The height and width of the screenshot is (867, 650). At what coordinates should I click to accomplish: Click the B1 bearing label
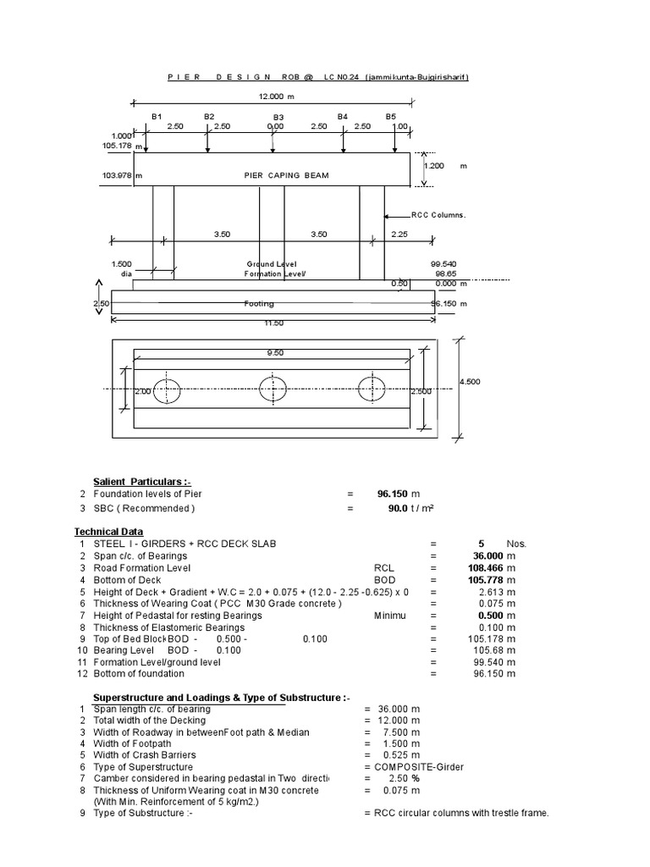click(x=157, y=116)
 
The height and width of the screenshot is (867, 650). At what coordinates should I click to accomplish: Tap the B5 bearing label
click(x=391, y=116)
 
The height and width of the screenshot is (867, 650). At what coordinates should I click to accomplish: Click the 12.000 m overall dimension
click(x=275, y=97)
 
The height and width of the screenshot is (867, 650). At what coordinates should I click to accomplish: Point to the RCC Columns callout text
click(x=438, y=215)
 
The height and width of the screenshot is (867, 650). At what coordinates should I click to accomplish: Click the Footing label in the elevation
click(x=259, y=302)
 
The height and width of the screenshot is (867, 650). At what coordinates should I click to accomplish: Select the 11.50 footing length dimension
click(x=273, y=324)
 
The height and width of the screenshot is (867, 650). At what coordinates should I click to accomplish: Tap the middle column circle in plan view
click(x=273, y=389)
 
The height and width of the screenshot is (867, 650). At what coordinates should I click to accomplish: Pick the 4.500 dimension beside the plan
click(x=470, y=382)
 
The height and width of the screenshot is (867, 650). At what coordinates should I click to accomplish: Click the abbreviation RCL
click(x=383, y=568)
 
